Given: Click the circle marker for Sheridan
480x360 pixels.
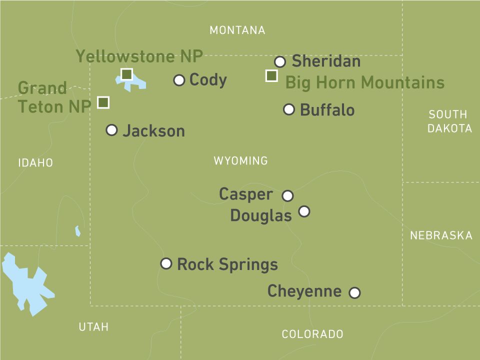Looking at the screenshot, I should [280, 62].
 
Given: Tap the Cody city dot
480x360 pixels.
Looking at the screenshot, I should [179, 80].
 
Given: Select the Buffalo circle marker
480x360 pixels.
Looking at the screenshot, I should [289, 109].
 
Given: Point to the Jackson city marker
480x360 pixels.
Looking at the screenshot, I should [112, 130].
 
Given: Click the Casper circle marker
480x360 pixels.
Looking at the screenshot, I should [287, 195].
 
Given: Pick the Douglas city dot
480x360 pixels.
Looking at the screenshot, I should [304, 211].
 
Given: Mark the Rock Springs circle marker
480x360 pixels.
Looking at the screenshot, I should [166, 263].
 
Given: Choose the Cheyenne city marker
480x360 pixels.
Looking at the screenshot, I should [354, 292].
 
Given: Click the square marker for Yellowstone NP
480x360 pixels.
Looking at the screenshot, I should [127, 74].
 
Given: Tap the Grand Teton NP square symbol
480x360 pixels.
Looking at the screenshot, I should [103, 102].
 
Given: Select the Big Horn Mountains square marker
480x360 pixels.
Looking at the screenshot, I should [271, 76].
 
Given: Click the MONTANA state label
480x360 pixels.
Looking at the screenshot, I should [237, 30].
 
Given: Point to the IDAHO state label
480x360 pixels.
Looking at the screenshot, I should [35, 162].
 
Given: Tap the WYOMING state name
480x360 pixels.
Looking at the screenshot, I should [240, 161].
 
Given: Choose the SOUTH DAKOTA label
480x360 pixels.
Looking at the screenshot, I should [449, 121].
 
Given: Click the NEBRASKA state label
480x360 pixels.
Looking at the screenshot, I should [441, 235].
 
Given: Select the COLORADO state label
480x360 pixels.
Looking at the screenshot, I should [312, 334].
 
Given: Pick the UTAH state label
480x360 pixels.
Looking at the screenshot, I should [93, 327].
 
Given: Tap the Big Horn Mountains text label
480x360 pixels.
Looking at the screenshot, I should [364, 82].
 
